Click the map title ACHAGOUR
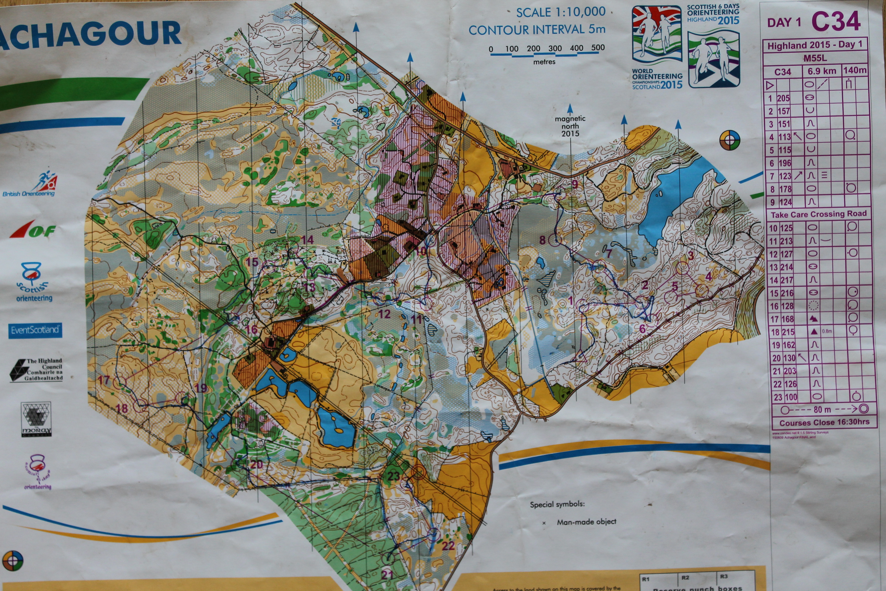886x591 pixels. click(90, 34)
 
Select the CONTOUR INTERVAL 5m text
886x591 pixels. click(537, 30)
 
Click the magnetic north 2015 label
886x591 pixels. click(570, 126)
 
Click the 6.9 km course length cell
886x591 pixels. click(821, 71)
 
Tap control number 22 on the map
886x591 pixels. click(448, 545)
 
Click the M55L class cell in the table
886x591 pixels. click(815, 58)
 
